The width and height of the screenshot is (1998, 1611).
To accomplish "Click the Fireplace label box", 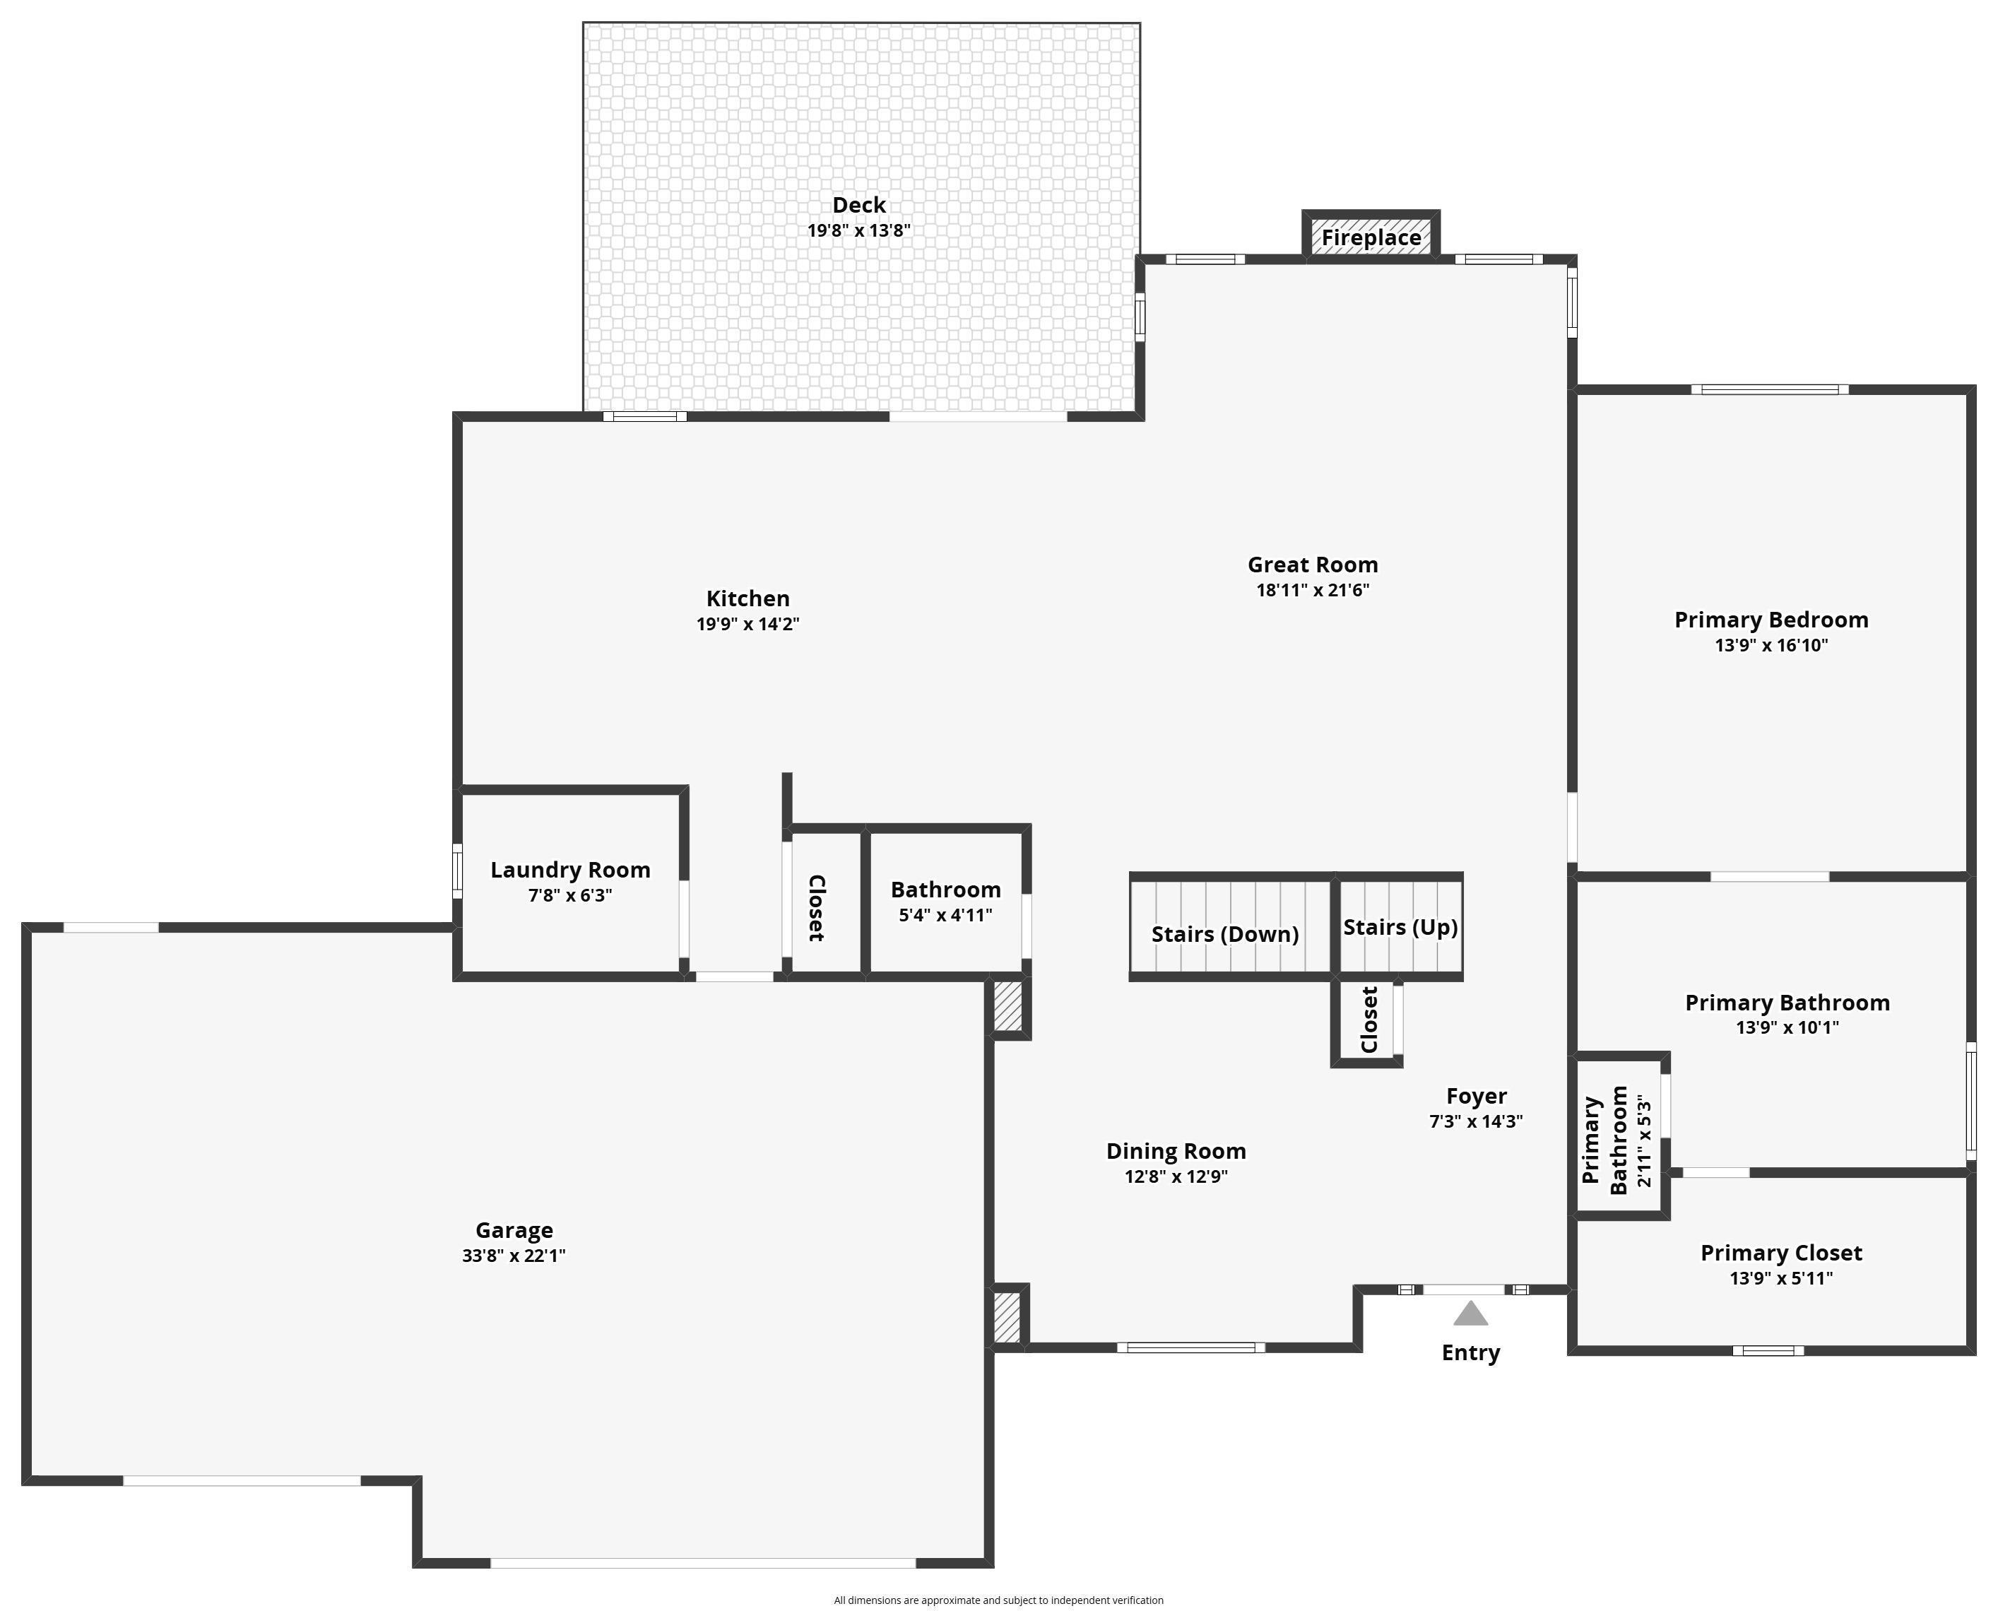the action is coord(1371,237).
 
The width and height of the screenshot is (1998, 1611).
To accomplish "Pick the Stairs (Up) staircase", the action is coord(1400,926).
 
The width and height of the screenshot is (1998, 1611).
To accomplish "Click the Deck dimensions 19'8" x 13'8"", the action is coord(859,230).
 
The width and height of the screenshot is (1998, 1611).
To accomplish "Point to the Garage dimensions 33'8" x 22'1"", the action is coord(514,1256).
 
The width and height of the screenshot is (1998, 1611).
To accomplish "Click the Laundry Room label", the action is coord(571,870).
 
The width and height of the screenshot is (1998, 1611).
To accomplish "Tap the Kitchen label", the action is coord(748,598).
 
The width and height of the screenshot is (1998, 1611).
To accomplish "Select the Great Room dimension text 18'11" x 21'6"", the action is coord(1313,590).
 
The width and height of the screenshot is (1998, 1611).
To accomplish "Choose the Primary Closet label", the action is coord(1782,1253).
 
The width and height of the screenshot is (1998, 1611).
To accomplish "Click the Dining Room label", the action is coord(1176,1152).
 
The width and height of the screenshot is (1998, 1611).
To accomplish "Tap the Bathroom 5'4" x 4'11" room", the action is coord(945,901).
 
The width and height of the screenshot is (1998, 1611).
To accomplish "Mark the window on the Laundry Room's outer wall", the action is coord(456,871).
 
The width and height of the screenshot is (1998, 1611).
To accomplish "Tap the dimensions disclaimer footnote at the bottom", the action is coord(998,1600).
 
